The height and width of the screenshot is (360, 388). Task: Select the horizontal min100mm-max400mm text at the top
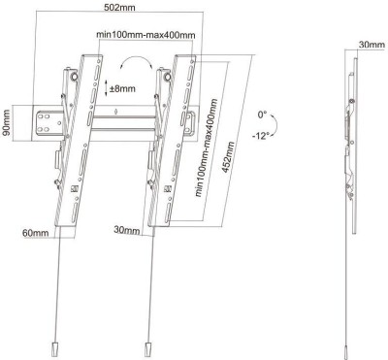pyautogui.click(x=145, y=36)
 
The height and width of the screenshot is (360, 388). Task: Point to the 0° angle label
pyautogui.click(x=261, y=115)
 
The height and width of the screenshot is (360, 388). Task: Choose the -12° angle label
pyautogui.click(x=259, y=136)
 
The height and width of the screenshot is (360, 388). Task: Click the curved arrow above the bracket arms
pyautogui.click(x=136, y=61)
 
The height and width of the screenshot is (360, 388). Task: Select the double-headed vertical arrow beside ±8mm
pyautogui.click(x=105, y=89)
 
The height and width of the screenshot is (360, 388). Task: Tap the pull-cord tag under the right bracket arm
pyautogui.click(x=147, y=347)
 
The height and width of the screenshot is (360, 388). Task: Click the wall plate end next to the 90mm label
pyautogui.click(x=43, y=122)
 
